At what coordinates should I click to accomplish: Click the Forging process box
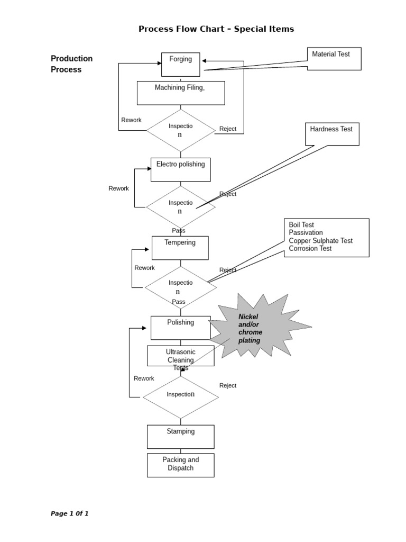(180, 64)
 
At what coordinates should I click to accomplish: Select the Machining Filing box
(180, 93)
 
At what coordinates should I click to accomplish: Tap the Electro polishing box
(180, 169)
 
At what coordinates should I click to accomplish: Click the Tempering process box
(180, 248)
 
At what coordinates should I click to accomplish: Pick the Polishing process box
(180, 328)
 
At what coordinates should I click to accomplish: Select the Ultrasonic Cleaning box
(180, 356)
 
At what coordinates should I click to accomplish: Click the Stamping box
(180, 436)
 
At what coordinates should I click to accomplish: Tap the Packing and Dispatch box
(180, 465)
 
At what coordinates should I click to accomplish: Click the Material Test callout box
(334, 59)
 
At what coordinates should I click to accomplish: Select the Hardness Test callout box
(332, 134)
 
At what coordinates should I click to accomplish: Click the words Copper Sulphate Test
(320, 241)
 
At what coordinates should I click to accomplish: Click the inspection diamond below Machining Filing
(180, 130)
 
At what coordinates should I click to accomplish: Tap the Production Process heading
(71, 64)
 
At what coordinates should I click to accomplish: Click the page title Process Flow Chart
(216, 29)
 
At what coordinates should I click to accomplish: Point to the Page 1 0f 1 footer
(69, 513)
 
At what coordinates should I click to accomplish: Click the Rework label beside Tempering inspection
(144, 268)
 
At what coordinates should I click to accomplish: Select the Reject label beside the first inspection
(228, 129)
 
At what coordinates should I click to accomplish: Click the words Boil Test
(301, 225)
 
